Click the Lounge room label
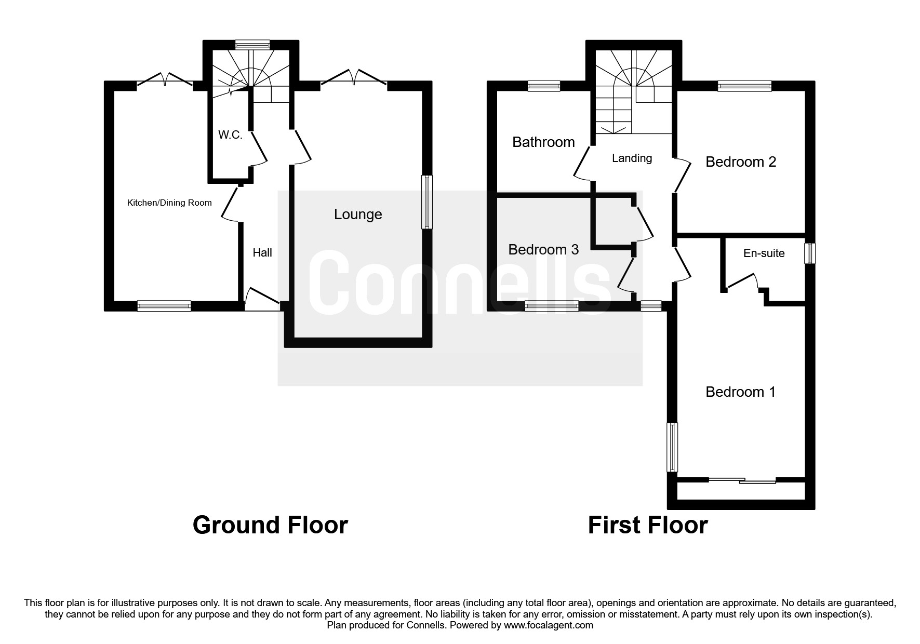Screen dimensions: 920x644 (x=358, y=214)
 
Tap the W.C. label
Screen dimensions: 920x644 (x=230, y=135)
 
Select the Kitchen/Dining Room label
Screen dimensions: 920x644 (x=169, y=203)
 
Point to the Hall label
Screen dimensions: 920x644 (x=262, y=252)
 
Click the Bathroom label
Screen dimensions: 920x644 (x=543, y=142)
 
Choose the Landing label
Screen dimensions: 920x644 (x=632, y=158)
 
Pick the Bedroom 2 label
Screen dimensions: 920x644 (x=741, y=162)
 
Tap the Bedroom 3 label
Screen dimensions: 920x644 (x=543, y=249)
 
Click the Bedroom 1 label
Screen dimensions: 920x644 (x=740, y=392)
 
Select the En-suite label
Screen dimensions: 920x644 (x=764, y=253)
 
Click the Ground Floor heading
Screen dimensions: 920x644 (x=270, y=525)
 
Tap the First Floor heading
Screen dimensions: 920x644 (x=647, y=525)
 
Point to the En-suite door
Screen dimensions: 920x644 (x=742, y=283)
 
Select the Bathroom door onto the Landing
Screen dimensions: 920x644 (x=583, y=163)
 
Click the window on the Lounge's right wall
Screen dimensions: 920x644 (x=426, y=202)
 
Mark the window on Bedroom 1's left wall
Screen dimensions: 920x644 (x=672, y=447)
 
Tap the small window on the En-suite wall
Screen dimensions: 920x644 (x=810, y=253)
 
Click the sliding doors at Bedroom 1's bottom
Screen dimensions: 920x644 (x=742, y=480)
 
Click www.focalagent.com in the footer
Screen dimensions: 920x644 (x=549, y=625)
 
